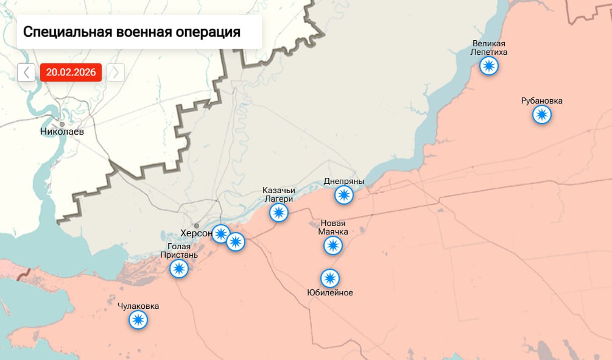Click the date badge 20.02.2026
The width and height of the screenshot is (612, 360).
click(x=71, y=72)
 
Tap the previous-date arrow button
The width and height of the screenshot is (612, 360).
click(x=26, y=72)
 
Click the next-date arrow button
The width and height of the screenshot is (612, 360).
click(x=116, y=72)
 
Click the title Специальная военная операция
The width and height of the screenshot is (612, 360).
click(x=132, y=32)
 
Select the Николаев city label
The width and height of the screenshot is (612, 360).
click(x=62, y=131)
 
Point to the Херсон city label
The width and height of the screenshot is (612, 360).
click(x=196, y=233)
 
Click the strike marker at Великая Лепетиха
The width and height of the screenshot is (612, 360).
click(x=489, y=66)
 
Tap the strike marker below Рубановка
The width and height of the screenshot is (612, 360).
click(x=542, y=115)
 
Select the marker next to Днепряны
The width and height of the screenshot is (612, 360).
click(x=344, y=195)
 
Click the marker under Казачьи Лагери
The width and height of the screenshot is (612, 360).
click(x=279, y=213)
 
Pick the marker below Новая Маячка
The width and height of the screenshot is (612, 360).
click(x=332, y=245)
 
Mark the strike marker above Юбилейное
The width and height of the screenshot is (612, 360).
click(x=330, y=278)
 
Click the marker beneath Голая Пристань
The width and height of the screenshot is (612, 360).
click(x=179, y=269)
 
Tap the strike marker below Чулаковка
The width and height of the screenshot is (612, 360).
click(x=139, y=319)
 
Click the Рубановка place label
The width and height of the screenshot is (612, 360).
click(x=542, y=101)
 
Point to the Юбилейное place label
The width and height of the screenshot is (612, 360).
click(x=330, y=292)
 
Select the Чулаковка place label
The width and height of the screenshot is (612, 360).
click(x=138, y=306)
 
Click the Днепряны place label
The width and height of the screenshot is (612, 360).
click(x=344, y=182)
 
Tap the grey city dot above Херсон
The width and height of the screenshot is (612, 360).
click(x=197, y=225)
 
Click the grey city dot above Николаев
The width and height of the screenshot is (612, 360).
click(x=62, y=124)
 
